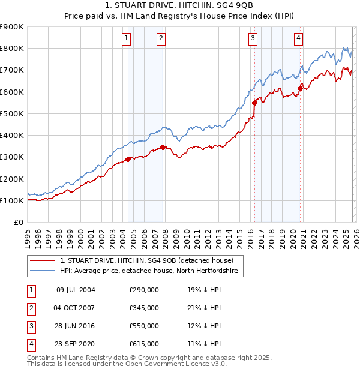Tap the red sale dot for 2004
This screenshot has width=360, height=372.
pos(128,159)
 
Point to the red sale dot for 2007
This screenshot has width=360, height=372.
pos(163,147)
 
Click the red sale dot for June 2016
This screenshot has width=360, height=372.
pos(254,103)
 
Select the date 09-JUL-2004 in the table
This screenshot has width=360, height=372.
pos(76,290)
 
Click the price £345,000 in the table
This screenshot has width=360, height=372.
pos(144,308)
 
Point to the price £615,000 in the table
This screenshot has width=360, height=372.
pos(144,344)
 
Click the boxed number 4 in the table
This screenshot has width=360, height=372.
pos(29,344)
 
